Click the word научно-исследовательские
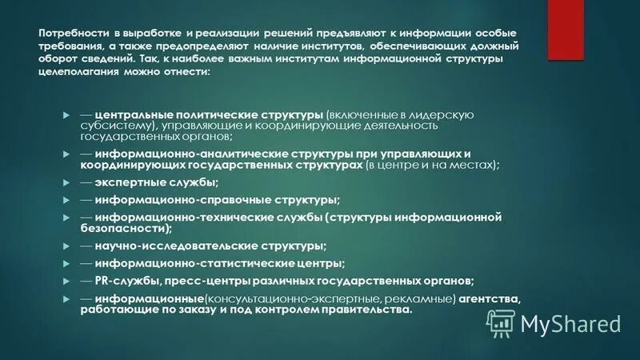pos(166,246)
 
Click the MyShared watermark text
pos(570,323)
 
